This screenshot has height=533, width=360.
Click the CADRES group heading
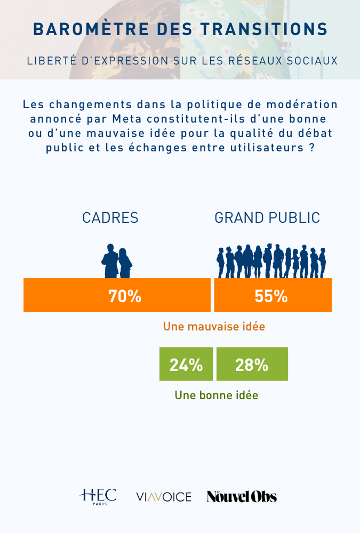point(110,218)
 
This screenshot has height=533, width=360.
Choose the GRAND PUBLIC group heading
point(267,218)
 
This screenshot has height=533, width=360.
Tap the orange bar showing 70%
point(117,295)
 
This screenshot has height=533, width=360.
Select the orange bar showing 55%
point(273,295)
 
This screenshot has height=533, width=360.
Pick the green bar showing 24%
point(186,365)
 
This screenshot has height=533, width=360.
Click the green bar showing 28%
point(252,365)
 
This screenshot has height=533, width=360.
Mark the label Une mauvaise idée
point(214,327)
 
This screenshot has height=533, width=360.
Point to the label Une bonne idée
point(217,395)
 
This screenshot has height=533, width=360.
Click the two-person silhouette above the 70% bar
point(117,261)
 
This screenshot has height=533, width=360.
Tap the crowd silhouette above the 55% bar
point(271,261)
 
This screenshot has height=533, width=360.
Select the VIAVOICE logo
point(164,497)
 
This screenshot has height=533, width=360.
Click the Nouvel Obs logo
point(242,497)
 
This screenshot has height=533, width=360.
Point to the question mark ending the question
point(310,148)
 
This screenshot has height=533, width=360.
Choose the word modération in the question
point(299,103)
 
